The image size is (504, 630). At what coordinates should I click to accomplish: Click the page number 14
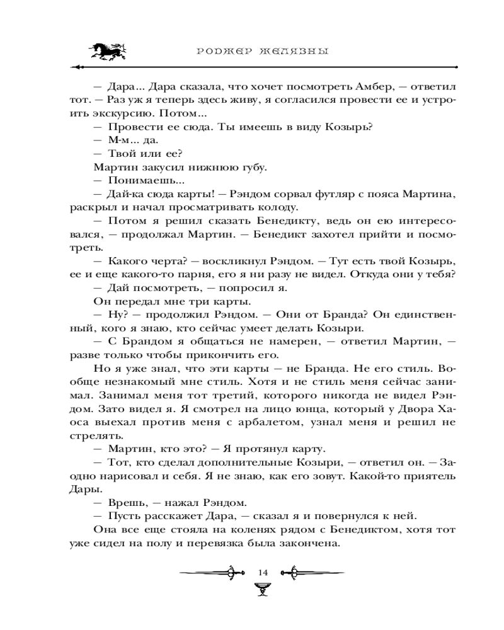pyautogui.click(x=262, y=572)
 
